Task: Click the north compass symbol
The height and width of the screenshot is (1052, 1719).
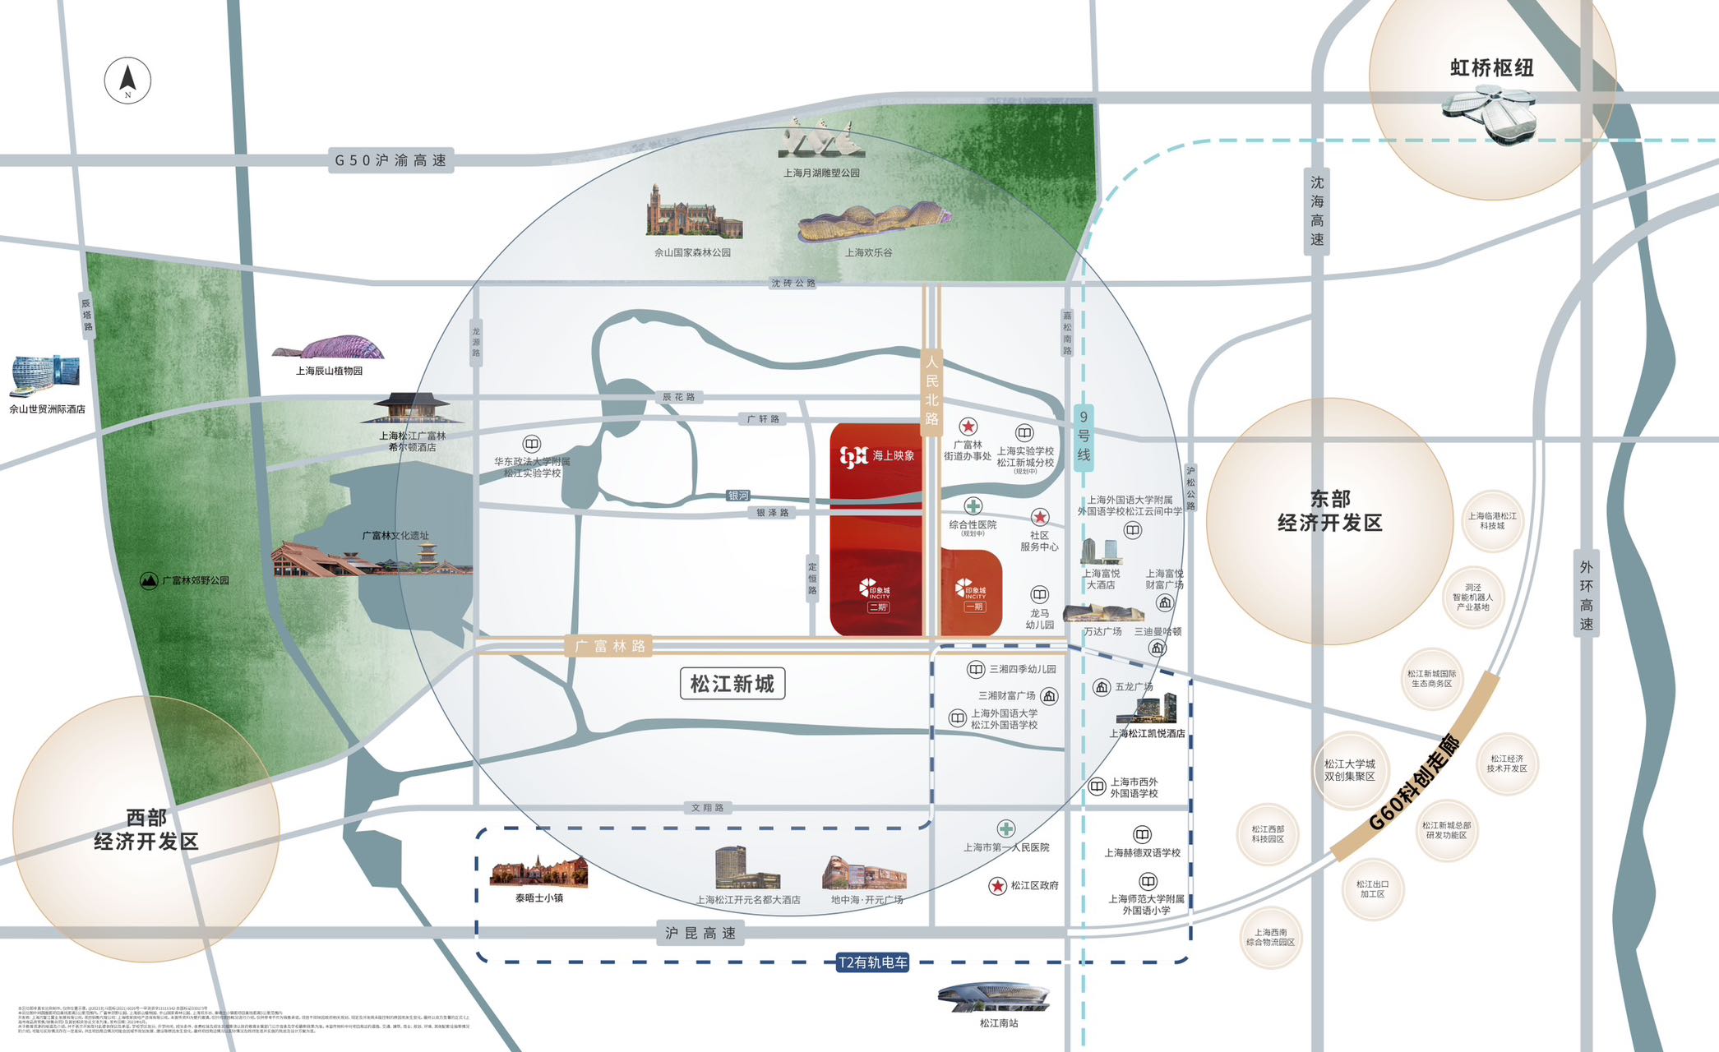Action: click(127, 81)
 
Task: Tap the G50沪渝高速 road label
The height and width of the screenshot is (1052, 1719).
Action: click(390, 160)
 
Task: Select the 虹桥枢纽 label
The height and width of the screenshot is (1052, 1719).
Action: click(1491, 68)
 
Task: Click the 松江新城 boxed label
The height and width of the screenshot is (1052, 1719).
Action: click(732, 684)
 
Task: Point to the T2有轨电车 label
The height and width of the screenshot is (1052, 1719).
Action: click(872, 962)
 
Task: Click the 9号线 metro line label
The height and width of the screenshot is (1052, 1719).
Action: click(1084, 436)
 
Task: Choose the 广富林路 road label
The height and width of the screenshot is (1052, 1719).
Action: click(610, 646)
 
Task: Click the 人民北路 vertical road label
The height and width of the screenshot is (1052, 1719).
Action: click(931, 390)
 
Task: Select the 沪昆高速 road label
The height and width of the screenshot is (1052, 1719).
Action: click(700, 933)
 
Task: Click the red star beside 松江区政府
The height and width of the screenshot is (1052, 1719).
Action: click(997, 885)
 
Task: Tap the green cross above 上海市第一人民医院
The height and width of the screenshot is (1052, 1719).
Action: click(1006, 828)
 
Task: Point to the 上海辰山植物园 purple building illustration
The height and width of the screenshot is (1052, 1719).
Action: click(329, 348)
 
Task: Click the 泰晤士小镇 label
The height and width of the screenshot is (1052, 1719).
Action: click(539, 898)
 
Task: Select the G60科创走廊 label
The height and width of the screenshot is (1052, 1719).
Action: click(1415, 782)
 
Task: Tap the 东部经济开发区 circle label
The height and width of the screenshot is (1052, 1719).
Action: click(1329, 511)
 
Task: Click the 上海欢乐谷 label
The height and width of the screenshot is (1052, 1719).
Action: click(868, 252)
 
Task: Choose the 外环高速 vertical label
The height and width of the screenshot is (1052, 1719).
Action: click(1586, 595)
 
